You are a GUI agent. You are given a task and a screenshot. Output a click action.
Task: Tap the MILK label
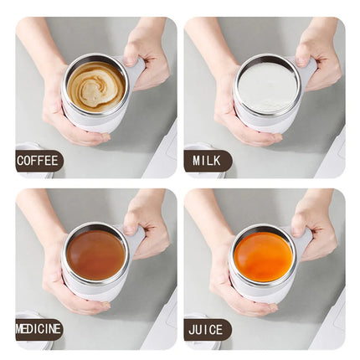tap(207, 160)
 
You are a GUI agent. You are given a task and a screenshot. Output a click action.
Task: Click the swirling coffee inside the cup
tap(95, 85)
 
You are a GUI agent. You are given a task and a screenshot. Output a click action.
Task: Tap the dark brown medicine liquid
tap(95, 254)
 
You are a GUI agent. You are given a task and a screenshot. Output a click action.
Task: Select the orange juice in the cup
tap(264, 255)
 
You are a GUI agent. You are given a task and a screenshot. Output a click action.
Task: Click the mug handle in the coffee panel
tap(134, 71)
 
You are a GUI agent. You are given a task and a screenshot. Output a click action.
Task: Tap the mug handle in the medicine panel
tap(135, 241)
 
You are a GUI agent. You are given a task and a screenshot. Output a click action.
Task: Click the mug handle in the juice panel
tap(303, 242)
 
